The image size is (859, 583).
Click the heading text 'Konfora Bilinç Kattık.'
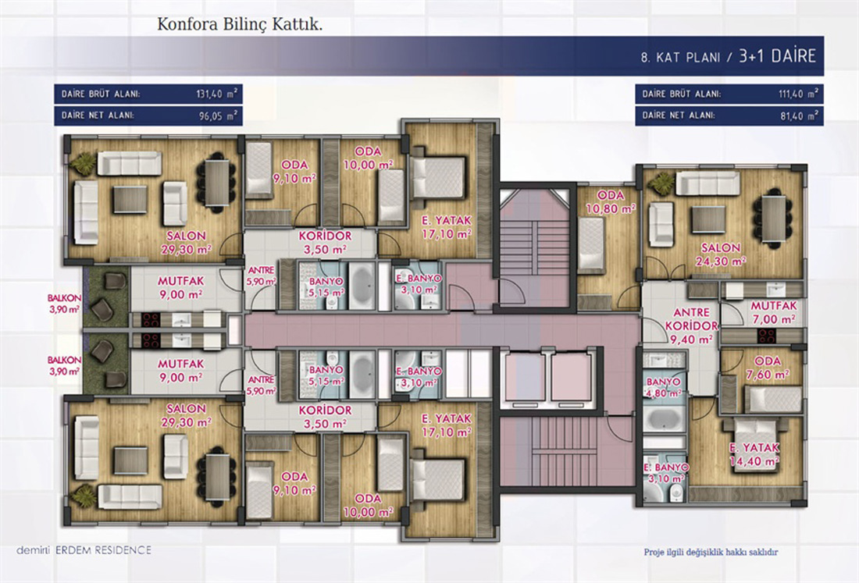click(240, 25)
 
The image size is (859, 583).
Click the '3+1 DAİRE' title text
click(777, 55)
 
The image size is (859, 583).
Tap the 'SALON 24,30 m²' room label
click(721, 254)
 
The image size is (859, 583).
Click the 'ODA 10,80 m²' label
click(611, 202)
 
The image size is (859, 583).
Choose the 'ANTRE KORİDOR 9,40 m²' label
click(691, 325)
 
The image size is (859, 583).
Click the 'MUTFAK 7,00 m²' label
click(774, 313)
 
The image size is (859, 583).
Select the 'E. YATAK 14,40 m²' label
click(754, 454)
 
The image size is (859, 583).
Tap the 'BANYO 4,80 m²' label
click(664, 387)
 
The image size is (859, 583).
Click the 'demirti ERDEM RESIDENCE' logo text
click(84, 550)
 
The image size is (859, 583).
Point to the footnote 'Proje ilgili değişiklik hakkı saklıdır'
click(711, 553)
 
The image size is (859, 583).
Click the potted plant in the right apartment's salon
click(661, 181)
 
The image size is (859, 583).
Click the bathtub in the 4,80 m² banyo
click(664, 419)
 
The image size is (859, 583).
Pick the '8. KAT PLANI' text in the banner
click(680, 57)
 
